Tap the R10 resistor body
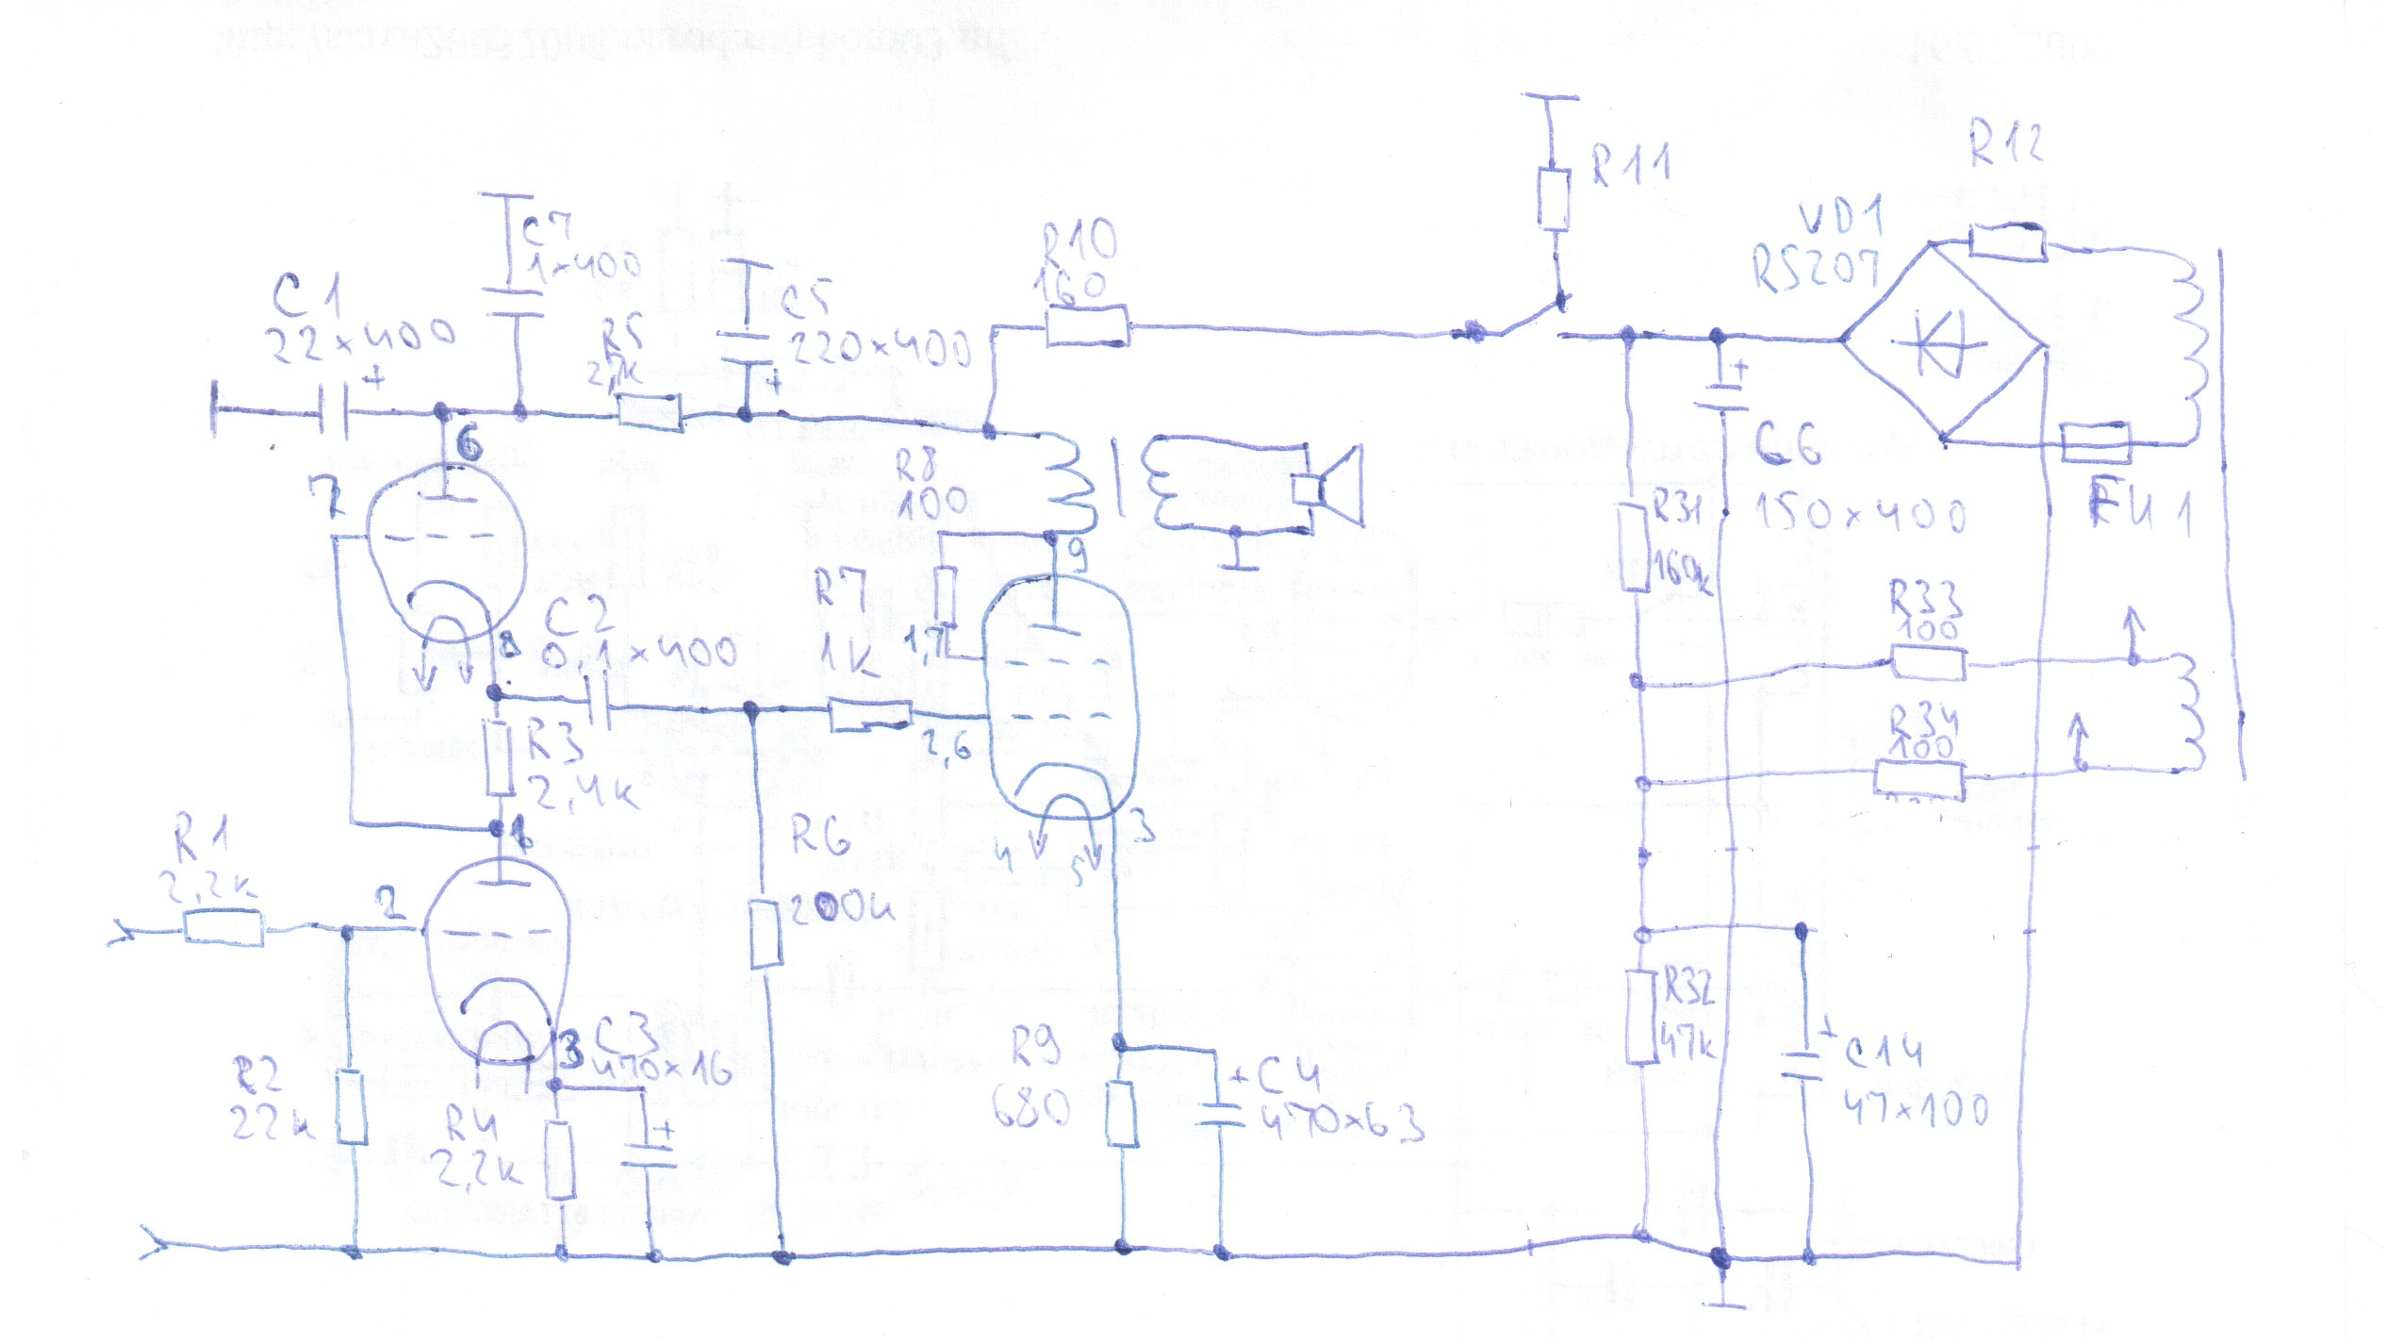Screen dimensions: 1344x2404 (x=1087, y=326)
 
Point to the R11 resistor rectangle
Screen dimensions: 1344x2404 (x=1554, y=199)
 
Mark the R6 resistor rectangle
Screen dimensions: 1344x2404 (x=766, y=935)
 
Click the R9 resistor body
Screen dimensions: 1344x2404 (x=1120, y=1113)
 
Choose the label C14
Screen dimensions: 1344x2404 (x=1882, y=1051)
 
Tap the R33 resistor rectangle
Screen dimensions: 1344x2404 (x=1929, y=662)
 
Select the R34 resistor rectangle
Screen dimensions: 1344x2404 (x=1918, y=779)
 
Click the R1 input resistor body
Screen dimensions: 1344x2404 (x=223, y=928)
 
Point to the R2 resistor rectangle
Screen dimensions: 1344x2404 (x=352, y=1105)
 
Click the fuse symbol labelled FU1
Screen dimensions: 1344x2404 (x=2095, y=443)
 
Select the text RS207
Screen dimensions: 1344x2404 (x=1815, y=269)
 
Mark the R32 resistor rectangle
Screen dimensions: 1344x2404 (x=1642, y=1016)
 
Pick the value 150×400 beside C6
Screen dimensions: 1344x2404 (x=1860, y=514)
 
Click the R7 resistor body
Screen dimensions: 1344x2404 (x=870, y=716)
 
